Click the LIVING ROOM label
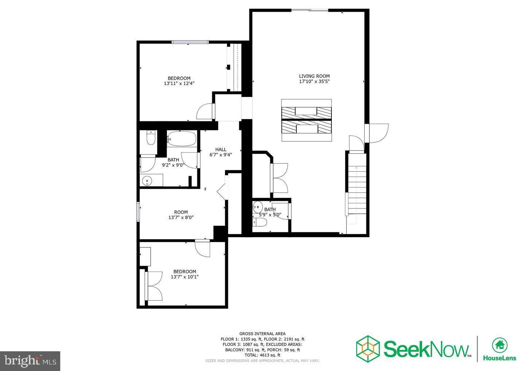(x=314, y=76)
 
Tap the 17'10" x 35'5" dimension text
(x=314, y=82)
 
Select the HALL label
(x=221, y=149)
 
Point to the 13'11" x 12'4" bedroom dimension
(x=179, y=83)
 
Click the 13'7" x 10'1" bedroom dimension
(x=184, y=277)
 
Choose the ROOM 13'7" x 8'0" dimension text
(x=181, y=218)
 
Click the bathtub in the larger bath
(x=182, y=139)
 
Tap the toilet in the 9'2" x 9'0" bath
(x=151, y=137)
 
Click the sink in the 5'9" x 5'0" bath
(x=258, y=207)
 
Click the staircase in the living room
(x=356, y=190)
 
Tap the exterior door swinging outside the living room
(x=378, y=133)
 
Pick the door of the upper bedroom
(x=205, y=112)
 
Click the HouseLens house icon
(x=499, y=344)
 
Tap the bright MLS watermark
(x=30, y=361)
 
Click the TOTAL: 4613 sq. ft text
(x=262, y=355)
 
